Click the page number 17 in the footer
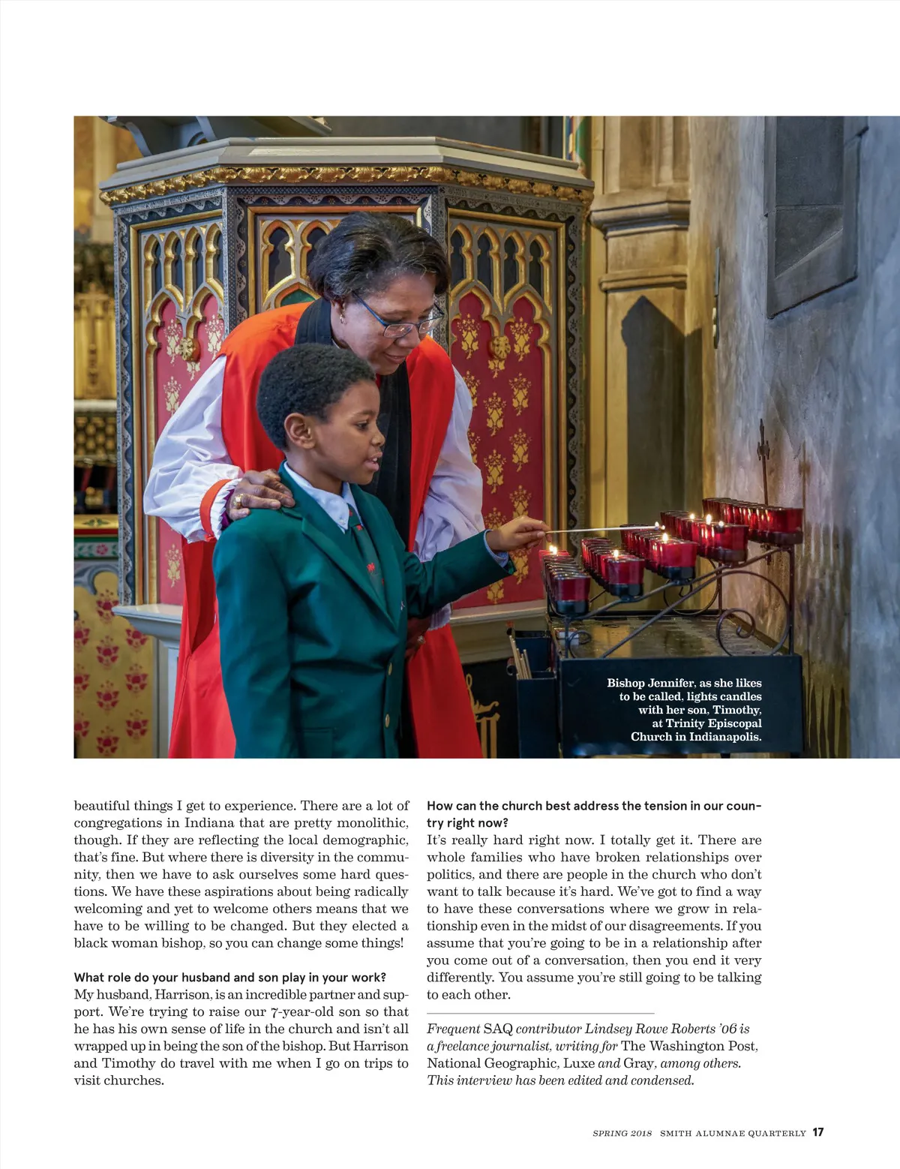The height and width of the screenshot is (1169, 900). pyautogui.click(x=817, y=1132)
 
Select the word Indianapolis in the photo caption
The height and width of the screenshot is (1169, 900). pyautogui.click(x=727, y=737)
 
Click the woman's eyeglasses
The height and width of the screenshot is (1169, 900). pyautogui.click(x=397, y=319)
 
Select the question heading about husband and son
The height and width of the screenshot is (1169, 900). pyautogui.click(x=229, y=977)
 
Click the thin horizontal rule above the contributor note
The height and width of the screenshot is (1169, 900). pyautogui.click(x=540, y=1014)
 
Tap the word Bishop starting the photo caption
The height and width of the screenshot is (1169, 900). pyautogui.click(x=625, y=683)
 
